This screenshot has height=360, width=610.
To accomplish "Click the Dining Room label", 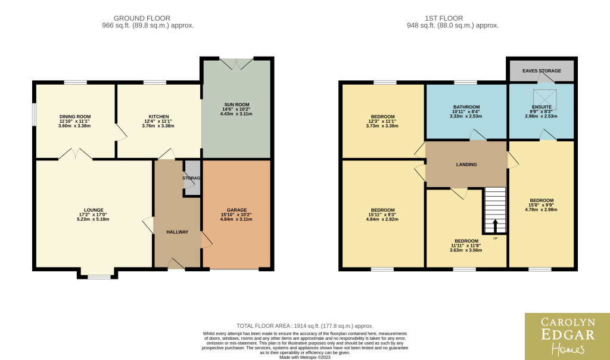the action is coord(75,116).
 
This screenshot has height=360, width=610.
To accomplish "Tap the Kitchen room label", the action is coord(158,116).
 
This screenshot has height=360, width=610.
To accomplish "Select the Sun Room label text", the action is coord(236,104).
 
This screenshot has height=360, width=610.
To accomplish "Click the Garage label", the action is coord(236,210).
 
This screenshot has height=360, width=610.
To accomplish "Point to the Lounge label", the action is coord(94,210).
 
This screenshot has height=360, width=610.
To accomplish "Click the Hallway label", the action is coord(178,232).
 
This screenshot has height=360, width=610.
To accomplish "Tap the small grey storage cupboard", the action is coord(192,178).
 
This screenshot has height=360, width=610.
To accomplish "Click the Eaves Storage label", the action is coord(541,71).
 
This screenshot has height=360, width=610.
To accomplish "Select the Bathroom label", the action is coord(466,107).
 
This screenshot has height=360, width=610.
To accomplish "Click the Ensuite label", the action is coord(541,107).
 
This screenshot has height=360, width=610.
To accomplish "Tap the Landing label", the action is coord(466,165).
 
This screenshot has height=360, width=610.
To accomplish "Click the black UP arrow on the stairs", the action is coord(495,225).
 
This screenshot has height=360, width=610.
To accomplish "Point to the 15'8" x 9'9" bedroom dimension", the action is coord(541,205).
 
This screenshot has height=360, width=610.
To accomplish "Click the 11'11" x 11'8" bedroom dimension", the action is coord(466,246).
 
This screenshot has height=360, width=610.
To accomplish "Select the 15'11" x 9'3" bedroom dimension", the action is coord(382,215).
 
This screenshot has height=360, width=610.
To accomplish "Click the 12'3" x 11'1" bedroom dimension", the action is coord(382,121).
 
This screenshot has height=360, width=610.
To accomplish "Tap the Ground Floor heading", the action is coord(142,18).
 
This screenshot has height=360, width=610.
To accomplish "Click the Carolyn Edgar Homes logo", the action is coord(568,336).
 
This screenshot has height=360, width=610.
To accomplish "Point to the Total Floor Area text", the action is coord(305,326).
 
